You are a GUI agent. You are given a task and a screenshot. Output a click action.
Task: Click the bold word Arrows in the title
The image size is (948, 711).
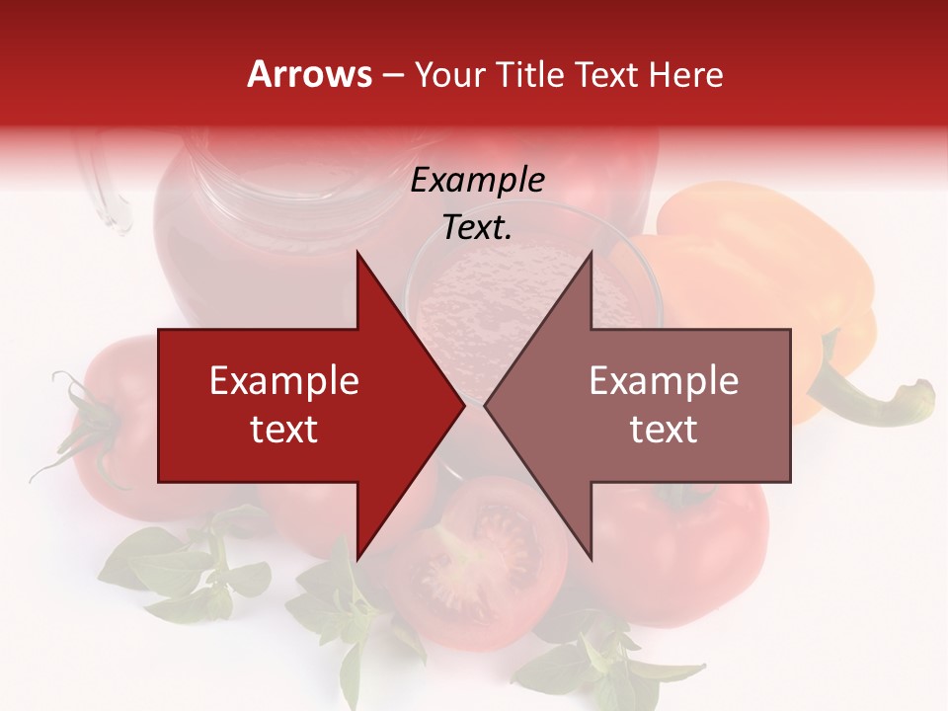pyautogui.click(x=310, y=74)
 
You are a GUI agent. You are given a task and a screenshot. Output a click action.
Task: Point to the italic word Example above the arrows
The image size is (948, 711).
pyautogui.click(x=477, y=181)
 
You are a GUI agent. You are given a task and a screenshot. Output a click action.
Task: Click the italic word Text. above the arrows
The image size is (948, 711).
pyautogui.click(x=477, y=228)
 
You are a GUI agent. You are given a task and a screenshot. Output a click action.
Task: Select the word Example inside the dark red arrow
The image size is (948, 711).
pyautogui.click(x=283, y=381)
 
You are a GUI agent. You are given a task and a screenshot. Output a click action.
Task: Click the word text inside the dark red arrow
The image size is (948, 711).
pyautogui.click(x=283, y=430)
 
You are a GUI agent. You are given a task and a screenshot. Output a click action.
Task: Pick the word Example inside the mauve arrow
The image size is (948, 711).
pyautogui.click(x=664, y=381)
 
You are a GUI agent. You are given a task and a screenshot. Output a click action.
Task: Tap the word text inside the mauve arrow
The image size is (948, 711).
pyautogui.click(x=664, y=430)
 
